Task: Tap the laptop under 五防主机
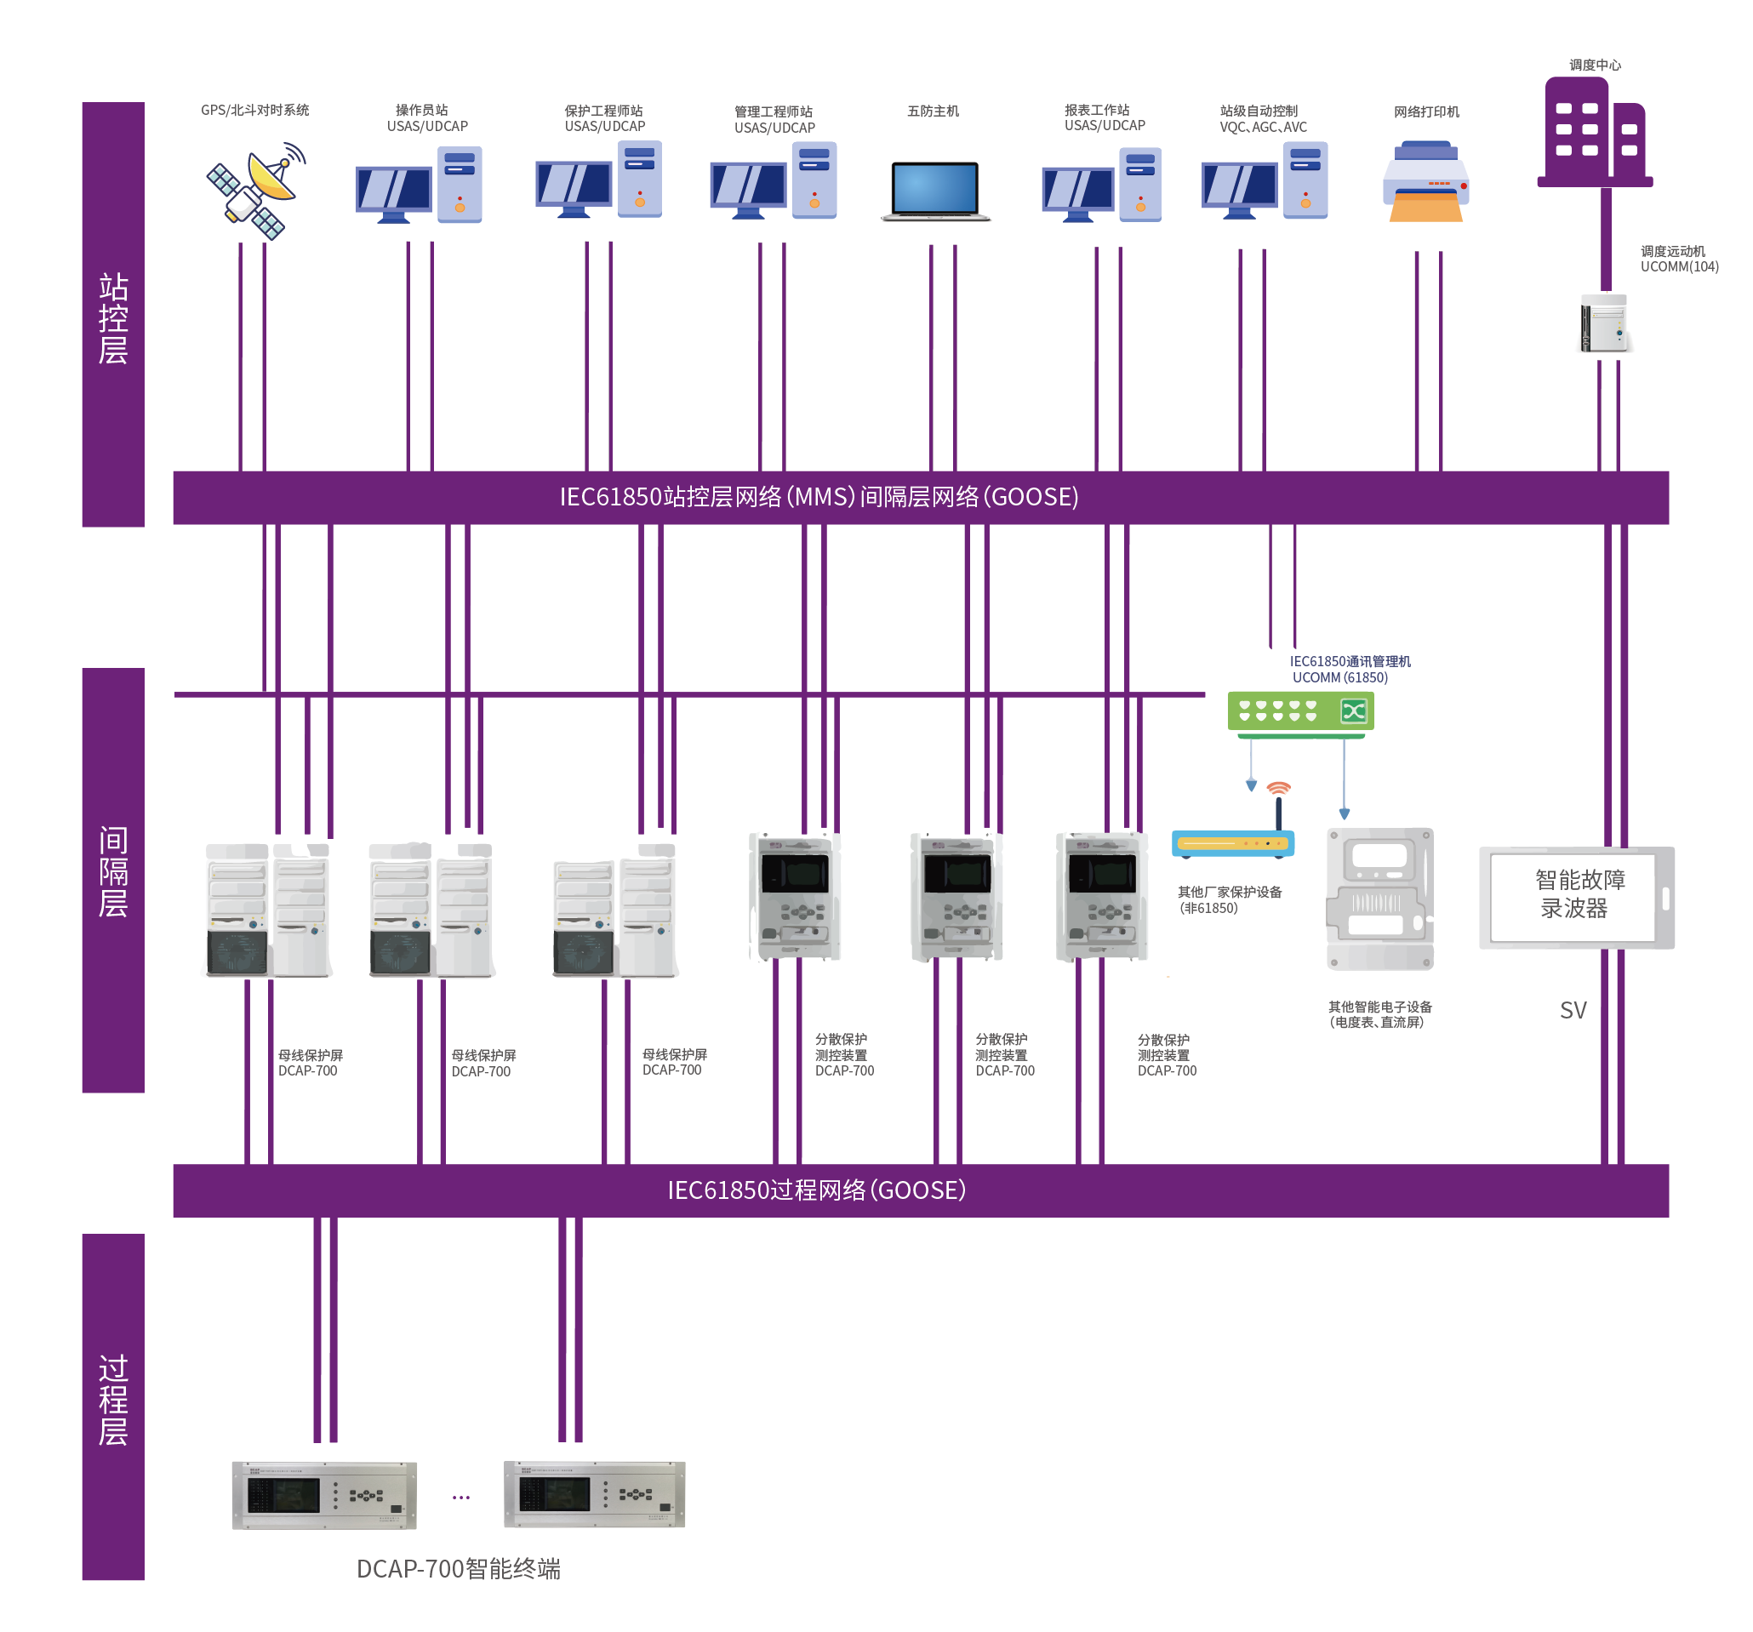pyautogui.click(x=935, y=191)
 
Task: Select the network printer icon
pyautogui.click(x=1425, y=184)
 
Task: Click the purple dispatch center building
pyautogui.click(x=1593, y=132)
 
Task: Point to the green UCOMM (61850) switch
pyautogui.click(x=1299, y=711)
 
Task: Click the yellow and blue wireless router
pyautogui.click(x=1233, y=844)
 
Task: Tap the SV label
pyautogui.click(x=1573, y=1010)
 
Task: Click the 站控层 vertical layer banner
pyautogui.click(x=113, y=315)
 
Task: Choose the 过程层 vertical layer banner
pyautogui.click(x=113, y=1407)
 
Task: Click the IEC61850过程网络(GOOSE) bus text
pyautogui.click(x=817, y=1191)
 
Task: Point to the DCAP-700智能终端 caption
pyautogui.click(x=458, y=1569)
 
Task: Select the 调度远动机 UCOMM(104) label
pyautogui.click(x=1678, y=260)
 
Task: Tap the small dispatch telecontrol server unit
pyautogui.click(x=1604, y=324)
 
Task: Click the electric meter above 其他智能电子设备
pyautogui.click(x=1380, y=899)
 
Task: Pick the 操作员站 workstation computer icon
pyautogui.click(x=418, y=185)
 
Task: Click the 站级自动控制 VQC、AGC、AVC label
pyautogui.click(x=1262, y=119)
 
